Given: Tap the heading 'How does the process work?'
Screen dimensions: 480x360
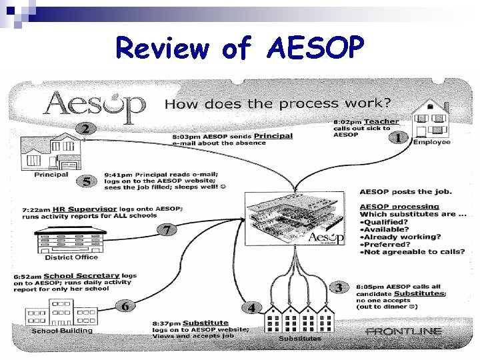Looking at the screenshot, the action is [x=278, y=103].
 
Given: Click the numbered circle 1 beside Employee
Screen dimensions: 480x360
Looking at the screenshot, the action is [x=398, y=138].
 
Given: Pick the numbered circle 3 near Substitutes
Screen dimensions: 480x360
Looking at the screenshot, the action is [x=339, y=287].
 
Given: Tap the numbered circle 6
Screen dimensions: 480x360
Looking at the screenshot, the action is [x=125, y=306].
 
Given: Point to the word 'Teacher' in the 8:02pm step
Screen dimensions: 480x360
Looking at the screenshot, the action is [x=381, y=122].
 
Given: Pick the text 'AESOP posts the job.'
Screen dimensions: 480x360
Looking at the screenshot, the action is [x=405, y=192].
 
